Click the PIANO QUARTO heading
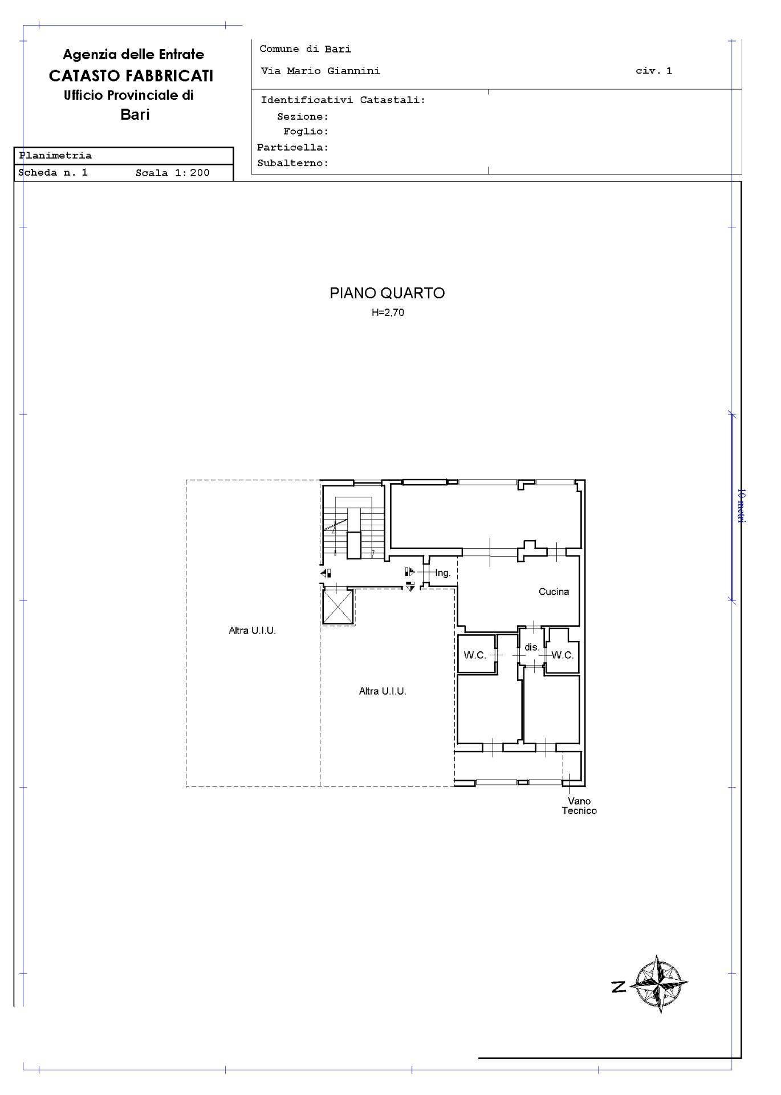(x=387, y=293)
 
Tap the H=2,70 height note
(x=388, y=313)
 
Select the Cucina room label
(x=554, y=591)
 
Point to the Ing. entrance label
(x=443, y=573)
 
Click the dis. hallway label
(x=532, y=647)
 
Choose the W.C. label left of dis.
(x=474, y=655)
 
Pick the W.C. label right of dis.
(x=562, y=655)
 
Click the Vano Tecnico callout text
(x=579, y=806)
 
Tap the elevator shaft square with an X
(x=338, y=607)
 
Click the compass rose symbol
(x=660, y=984)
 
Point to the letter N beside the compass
(x=618, y=987)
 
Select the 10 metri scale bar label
(x=741, y=505)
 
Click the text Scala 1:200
(x=173, y=173)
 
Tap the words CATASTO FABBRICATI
(x=131, y=76)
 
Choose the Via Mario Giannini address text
(x=320, y=71)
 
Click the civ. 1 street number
(x=654, y=71)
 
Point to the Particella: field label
(x=293, y=147)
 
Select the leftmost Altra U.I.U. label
(x=252, y=631)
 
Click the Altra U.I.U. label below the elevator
(x=383, y=691)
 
